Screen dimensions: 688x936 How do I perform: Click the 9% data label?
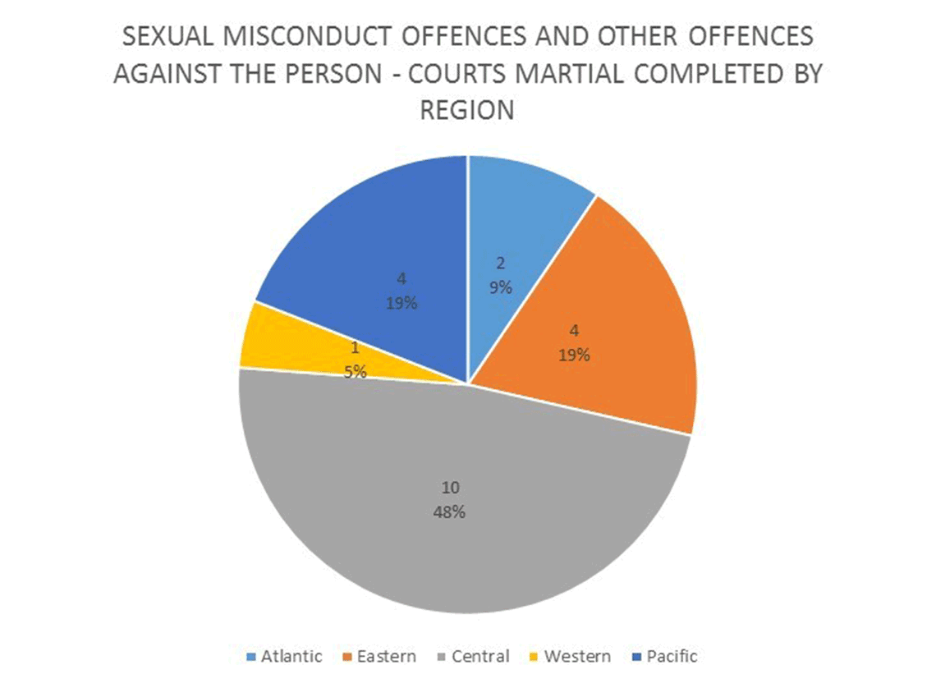501,288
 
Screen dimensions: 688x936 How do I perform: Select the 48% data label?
449,512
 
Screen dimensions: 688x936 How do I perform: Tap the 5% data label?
355,371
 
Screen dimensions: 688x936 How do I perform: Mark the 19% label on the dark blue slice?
401,302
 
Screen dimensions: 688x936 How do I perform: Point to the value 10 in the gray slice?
449,488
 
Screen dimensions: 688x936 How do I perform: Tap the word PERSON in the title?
323,74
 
